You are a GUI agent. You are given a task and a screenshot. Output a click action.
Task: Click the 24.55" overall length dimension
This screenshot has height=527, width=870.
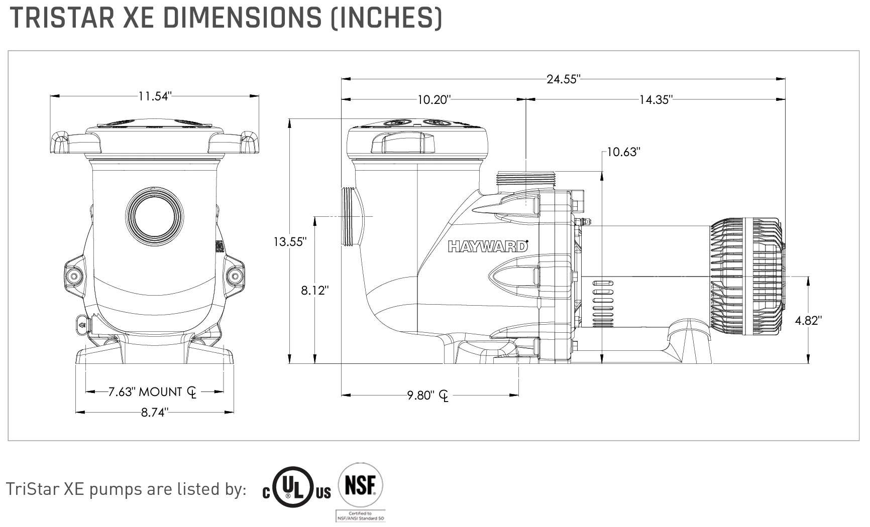(563, 79)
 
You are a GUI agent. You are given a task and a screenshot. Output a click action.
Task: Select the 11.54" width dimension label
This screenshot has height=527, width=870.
(155, 96)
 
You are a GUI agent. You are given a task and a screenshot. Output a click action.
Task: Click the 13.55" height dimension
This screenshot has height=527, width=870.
(290, 242)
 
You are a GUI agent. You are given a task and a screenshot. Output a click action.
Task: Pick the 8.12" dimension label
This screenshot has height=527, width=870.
(315, 290)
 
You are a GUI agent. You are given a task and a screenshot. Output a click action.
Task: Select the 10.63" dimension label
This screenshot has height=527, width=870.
(623, 152)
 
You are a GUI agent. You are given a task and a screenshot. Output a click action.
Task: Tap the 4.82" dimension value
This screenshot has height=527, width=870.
(808, 321)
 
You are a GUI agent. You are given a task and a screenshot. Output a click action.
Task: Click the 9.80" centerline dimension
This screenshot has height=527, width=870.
(420, 396)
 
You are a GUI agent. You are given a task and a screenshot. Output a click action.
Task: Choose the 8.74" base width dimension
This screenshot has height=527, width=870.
(154, 413)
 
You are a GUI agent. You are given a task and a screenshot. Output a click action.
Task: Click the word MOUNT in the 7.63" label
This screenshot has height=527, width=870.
(160, 392)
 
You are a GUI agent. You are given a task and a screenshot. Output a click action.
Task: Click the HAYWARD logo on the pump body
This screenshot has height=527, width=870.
(488, 246)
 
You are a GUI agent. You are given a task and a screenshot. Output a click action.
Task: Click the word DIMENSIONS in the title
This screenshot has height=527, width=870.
(243, 18)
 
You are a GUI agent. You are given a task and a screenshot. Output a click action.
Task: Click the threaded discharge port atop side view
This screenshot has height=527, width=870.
(526, 179)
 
